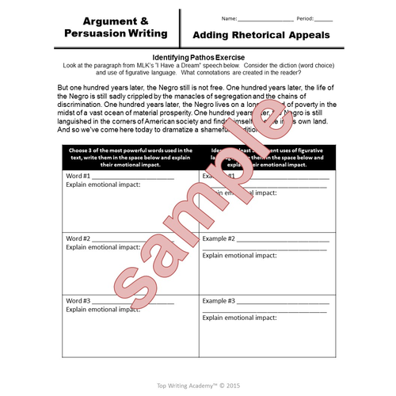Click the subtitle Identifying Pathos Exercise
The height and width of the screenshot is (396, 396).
tap(198, 58)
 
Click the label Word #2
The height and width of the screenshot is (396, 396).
tap(78, 238)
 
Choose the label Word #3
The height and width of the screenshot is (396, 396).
tap(78, 301)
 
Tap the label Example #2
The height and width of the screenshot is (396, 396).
tap(219, 238)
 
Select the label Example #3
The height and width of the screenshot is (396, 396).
tap(219, 301)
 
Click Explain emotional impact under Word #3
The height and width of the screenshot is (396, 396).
tap(102, 310)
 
